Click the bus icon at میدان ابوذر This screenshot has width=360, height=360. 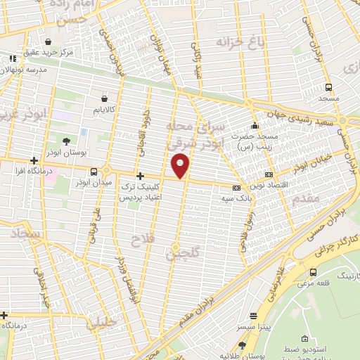[x=94, y=172]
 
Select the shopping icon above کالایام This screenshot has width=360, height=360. [x=104, y=99]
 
